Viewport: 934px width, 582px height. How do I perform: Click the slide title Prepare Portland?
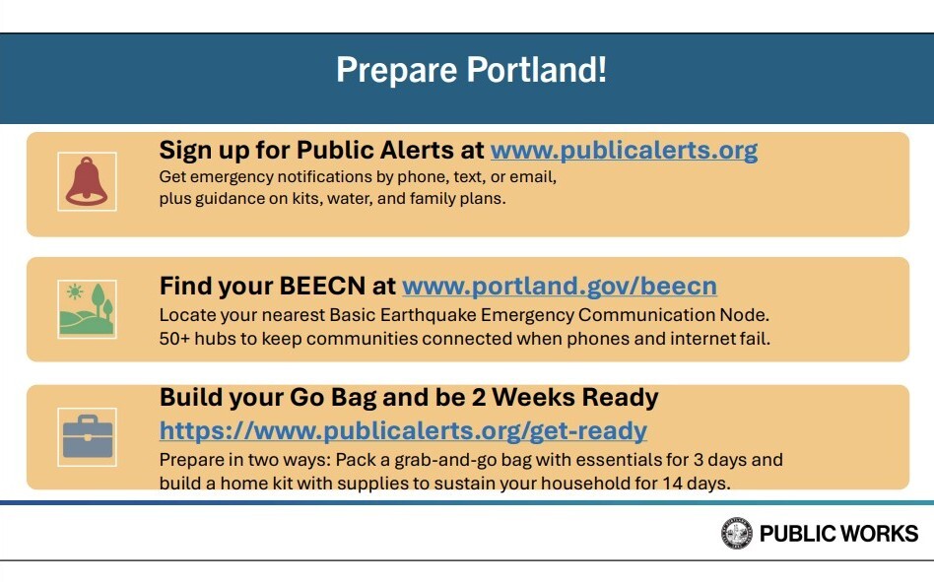click(471, 71)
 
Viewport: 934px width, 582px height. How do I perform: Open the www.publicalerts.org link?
click(624, 151)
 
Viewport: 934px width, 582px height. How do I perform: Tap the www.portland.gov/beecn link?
click(560, 287)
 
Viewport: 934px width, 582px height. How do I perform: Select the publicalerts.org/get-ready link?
click(403, 430)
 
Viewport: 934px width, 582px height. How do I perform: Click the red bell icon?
click(87, 181)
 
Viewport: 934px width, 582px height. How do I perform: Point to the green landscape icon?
click(87, 309)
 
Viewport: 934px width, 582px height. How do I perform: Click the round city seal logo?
click(736, 534)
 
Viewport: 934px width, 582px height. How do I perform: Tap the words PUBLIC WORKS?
click(838, 534)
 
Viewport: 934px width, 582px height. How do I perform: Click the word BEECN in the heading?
click(317, 287)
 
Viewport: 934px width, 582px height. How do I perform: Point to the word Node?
click(746, 316)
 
